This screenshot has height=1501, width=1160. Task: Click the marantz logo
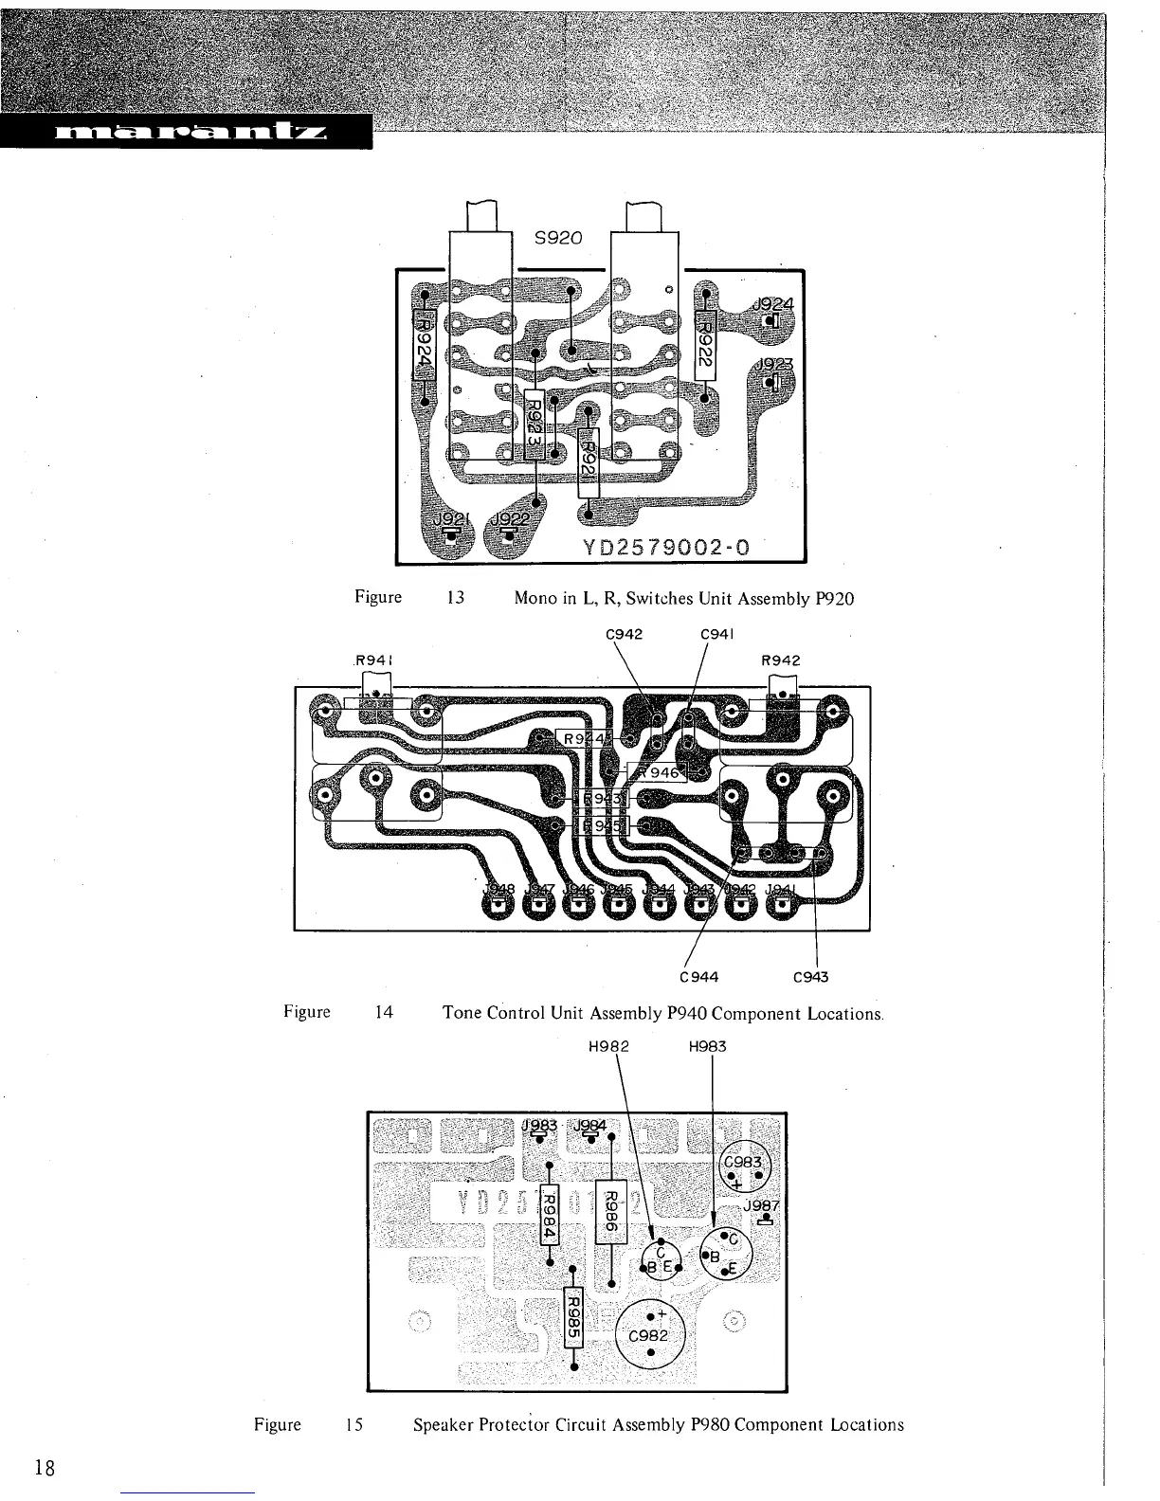pyautogui.click(x=185, y=130)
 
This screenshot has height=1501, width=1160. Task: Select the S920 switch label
pyautogui.click(x=558, y=239)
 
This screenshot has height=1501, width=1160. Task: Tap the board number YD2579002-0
pyautogui.click(x=667, y=547)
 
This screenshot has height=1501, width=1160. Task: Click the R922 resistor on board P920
pyautogui.click(x=705, y=344)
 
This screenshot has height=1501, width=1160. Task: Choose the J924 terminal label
pyautogui.click(x=772, y=305)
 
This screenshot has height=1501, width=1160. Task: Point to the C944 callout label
pyautogui.click(x=699, y=976)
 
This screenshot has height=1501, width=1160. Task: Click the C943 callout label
pyautogui.click(x=810, y=976)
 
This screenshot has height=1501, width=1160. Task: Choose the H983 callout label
pyautogui.click(x=707, y=1046)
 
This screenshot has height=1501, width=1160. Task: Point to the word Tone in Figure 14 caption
pyautogui.click(x=462, y=1013)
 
